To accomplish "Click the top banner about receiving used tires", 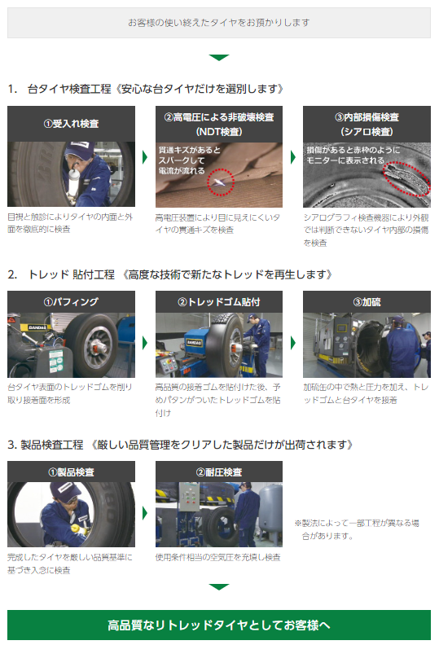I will coord(218,23).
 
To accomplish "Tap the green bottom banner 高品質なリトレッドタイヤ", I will coord(218,625).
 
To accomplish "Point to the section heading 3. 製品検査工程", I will coord(179,445).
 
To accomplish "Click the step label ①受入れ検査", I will coord(72,124).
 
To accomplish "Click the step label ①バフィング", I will coord(72,301).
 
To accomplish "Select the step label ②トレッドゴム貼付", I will coord(219,301).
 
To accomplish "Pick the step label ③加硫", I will coord(367,301).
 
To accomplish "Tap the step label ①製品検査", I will coord(72,472).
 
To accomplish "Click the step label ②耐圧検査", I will coord(219,472).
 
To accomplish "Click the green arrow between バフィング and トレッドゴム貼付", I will coord(145,341).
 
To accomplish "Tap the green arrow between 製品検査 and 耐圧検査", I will coord(145,513).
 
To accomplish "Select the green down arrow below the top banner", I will coord(218,58).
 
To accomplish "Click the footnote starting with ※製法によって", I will coord(358,529).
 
